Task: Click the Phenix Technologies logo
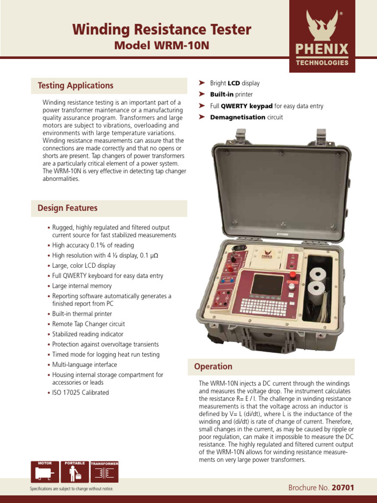[x=322, y=36]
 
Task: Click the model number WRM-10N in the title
[x=182, y=45]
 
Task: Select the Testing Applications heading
[x=76, y=85]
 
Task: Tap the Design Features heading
[x=68, y=208]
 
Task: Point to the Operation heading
[x=213, y=366]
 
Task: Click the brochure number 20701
[x=343, y=488]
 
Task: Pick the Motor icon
[x=45, y=472]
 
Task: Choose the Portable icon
[x=75, y=472]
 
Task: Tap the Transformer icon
[x=105, y=472]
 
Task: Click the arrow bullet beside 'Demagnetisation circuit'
[x=202, y=117]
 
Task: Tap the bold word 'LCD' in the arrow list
[x=234, y=83]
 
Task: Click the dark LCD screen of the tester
[x=267, y=284]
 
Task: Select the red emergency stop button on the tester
[x=293, y=275]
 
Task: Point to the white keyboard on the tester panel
[x=264, y=307]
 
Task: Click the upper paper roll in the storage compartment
[x=318, y=275]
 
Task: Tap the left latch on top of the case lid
[x=241, y=136]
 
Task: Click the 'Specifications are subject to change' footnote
[x=72, y=489]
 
